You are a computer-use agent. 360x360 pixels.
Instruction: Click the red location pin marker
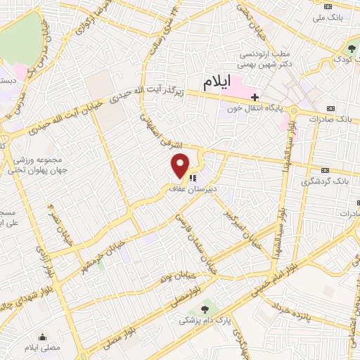181,165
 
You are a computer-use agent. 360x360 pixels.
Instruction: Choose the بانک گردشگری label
327,181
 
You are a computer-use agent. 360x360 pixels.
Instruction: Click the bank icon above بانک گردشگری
325,170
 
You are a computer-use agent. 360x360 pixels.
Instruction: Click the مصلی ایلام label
43,347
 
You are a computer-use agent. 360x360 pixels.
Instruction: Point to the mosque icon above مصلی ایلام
43,336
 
